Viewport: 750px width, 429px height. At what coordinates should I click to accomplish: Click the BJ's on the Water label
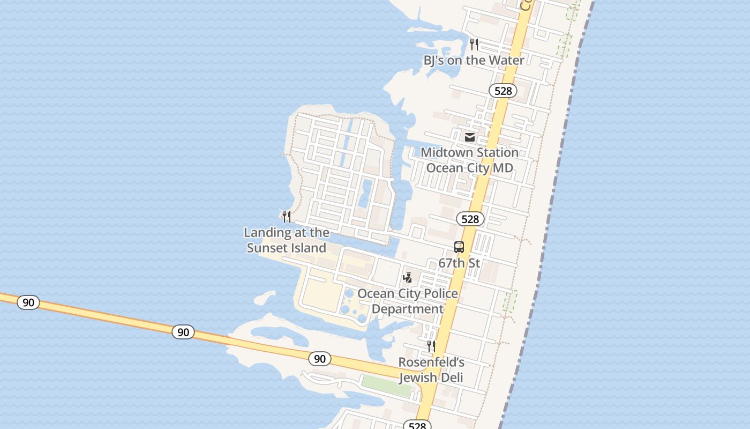point(474,60)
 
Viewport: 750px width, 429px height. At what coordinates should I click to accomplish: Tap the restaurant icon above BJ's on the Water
point(474,43)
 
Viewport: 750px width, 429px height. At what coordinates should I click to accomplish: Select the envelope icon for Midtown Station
point(470,137)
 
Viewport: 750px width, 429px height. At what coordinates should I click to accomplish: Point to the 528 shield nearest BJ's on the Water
point(502,91)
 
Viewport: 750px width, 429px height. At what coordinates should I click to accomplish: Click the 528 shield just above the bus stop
point(470,219)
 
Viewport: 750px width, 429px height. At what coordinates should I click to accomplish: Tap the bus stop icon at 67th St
point(459,247)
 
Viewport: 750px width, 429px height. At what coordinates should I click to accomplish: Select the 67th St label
point(459,263)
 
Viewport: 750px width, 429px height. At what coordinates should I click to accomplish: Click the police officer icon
point(408,278)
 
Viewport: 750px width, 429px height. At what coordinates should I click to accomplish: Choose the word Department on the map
point(408,309)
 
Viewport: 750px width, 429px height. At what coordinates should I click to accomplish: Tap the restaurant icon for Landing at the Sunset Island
point(287,217)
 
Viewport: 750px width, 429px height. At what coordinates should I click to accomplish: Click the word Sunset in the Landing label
point(270,248)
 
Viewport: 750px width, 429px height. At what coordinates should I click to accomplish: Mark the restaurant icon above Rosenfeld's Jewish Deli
point(431,346)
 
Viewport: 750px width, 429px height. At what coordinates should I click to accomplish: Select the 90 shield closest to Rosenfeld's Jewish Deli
point(319,359)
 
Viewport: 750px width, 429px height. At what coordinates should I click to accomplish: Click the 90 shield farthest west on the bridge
point(28,302)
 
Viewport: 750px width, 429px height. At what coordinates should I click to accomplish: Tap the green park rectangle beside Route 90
point(386,386)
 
